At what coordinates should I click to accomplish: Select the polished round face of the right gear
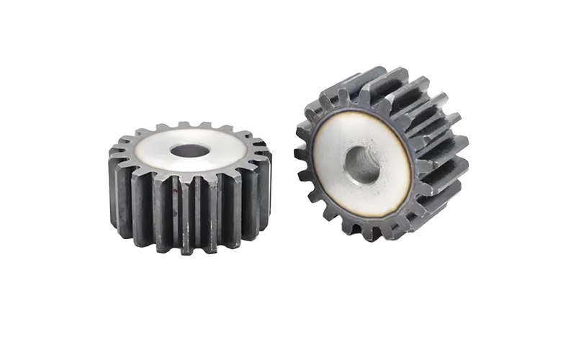[331, 155]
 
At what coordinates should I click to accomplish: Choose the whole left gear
[189, 187]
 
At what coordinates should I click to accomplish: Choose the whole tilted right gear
[378, 155]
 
